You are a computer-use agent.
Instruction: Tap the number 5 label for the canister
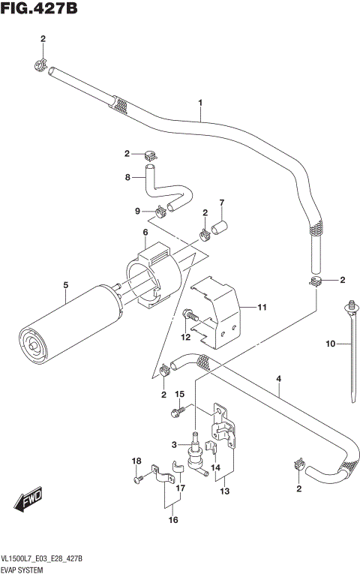65,285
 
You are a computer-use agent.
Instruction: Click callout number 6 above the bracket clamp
145,233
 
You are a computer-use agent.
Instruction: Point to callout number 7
222,203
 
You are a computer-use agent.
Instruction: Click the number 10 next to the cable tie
331,344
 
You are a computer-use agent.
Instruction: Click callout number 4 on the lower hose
278,380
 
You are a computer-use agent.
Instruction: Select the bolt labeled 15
177,410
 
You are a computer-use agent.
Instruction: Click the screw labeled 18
137,478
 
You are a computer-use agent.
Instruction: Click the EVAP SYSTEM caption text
27,570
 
